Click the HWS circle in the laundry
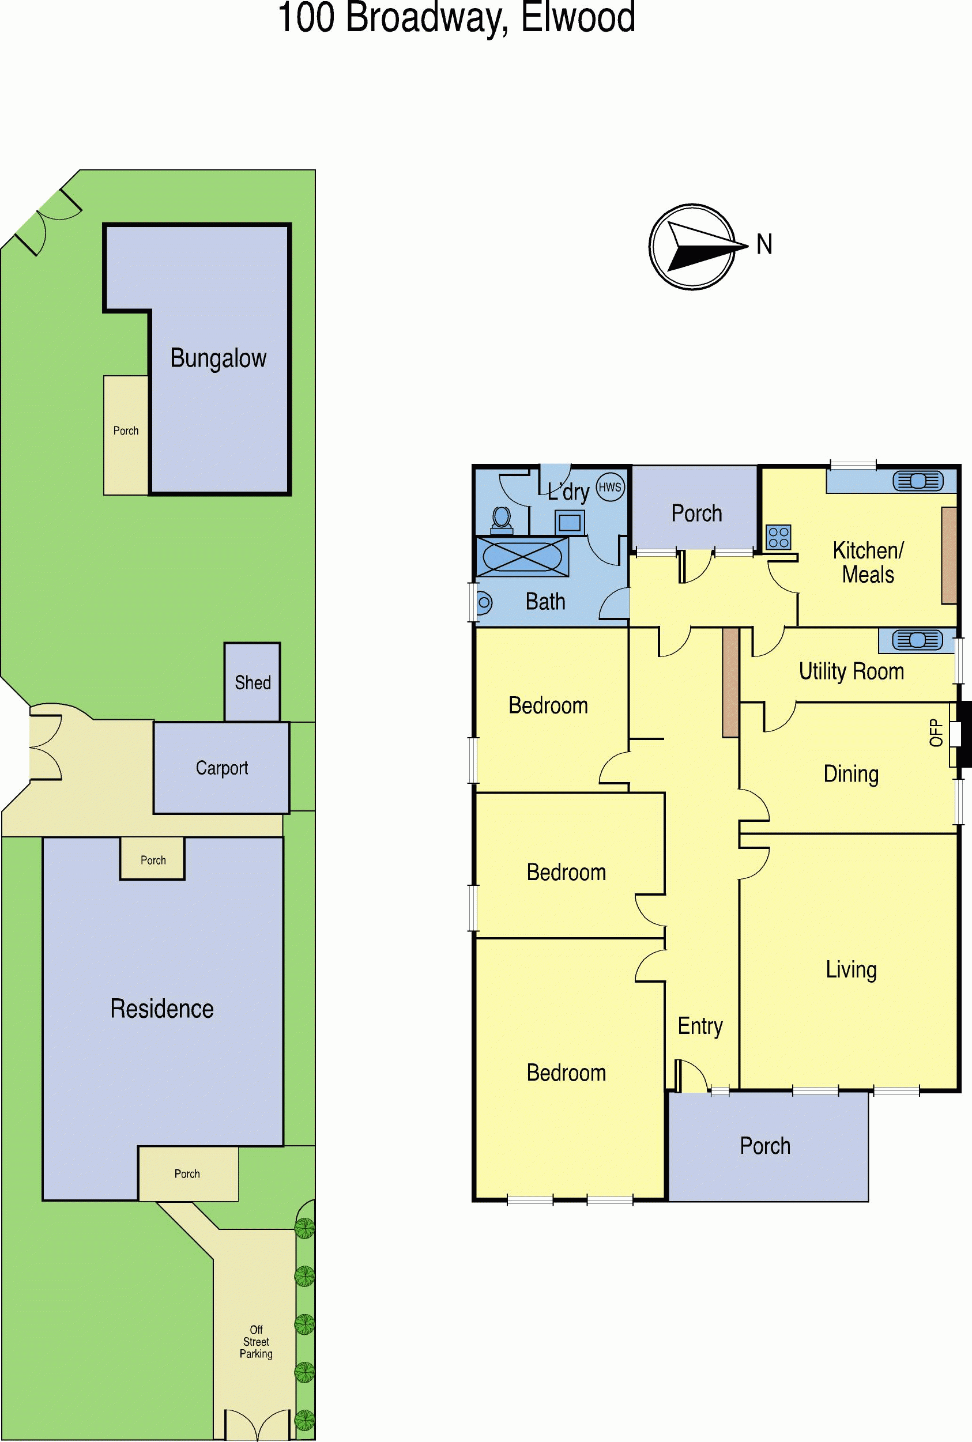(610, 486)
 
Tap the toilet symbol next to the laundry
(502, 520)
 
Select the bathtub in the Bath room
(521, 557)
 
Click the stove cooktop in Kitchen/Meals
(778, 537)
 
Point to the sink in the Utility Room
(917, 640)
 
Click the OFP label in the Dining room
(936, 733)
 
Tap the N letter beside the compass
(764, 244)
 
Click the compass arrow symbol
(692, 247)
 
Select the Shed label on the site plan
(253, 682)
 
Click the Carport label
(222, 768)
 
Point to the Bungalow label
(218, 358)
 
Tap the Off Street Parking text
(256, 1342)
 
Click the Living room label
(851, 970)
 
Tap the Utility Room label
(851, 671)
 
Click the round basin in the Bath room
(484, 602)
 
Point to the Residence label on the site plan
(162, 1009)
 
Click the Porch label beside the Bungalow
(126, 431)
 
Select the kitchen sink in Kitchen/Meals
(918, 481)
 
